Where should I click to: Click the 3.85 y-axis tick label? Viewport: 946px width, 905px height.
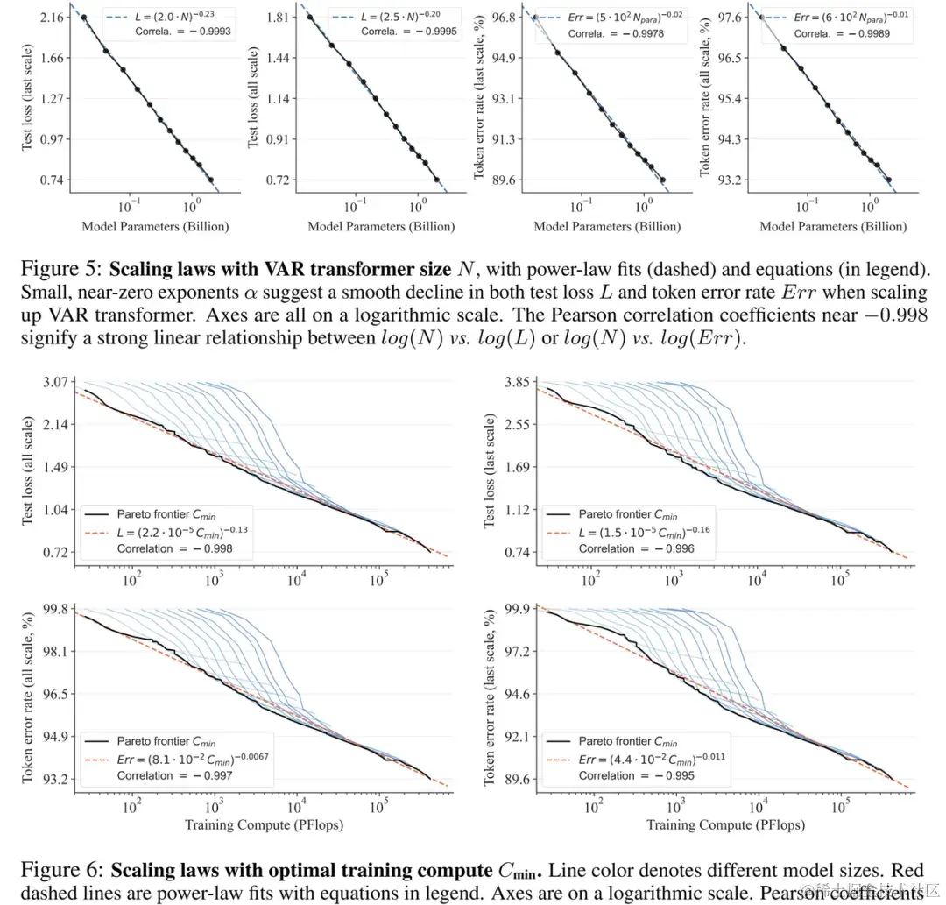(x=519, y=382)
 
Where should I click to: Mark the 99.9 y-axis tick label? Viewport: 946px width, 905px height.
(x=519, y=609)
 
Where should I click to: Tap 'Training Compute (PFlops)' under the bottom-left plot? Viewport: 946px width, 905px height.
(x=264, y=824)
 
